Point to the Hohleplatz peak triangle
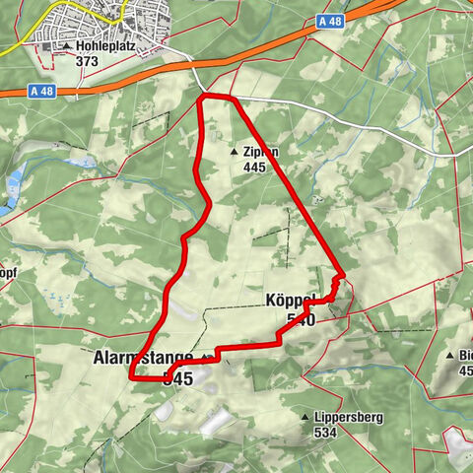tap(66, 46)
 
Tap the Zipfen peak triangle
tap(234, 153)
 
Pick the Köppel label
tap(290, 301)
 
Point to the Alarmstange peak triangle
tap(206, 357)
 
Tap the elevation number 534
tap(325, 432)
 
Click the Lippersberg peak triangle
tap(305, 418)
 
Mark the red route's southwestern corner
tap(131, 375)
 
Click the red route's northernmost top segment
tap(216, 96)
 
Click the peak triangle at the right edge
tap(450, 356)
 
